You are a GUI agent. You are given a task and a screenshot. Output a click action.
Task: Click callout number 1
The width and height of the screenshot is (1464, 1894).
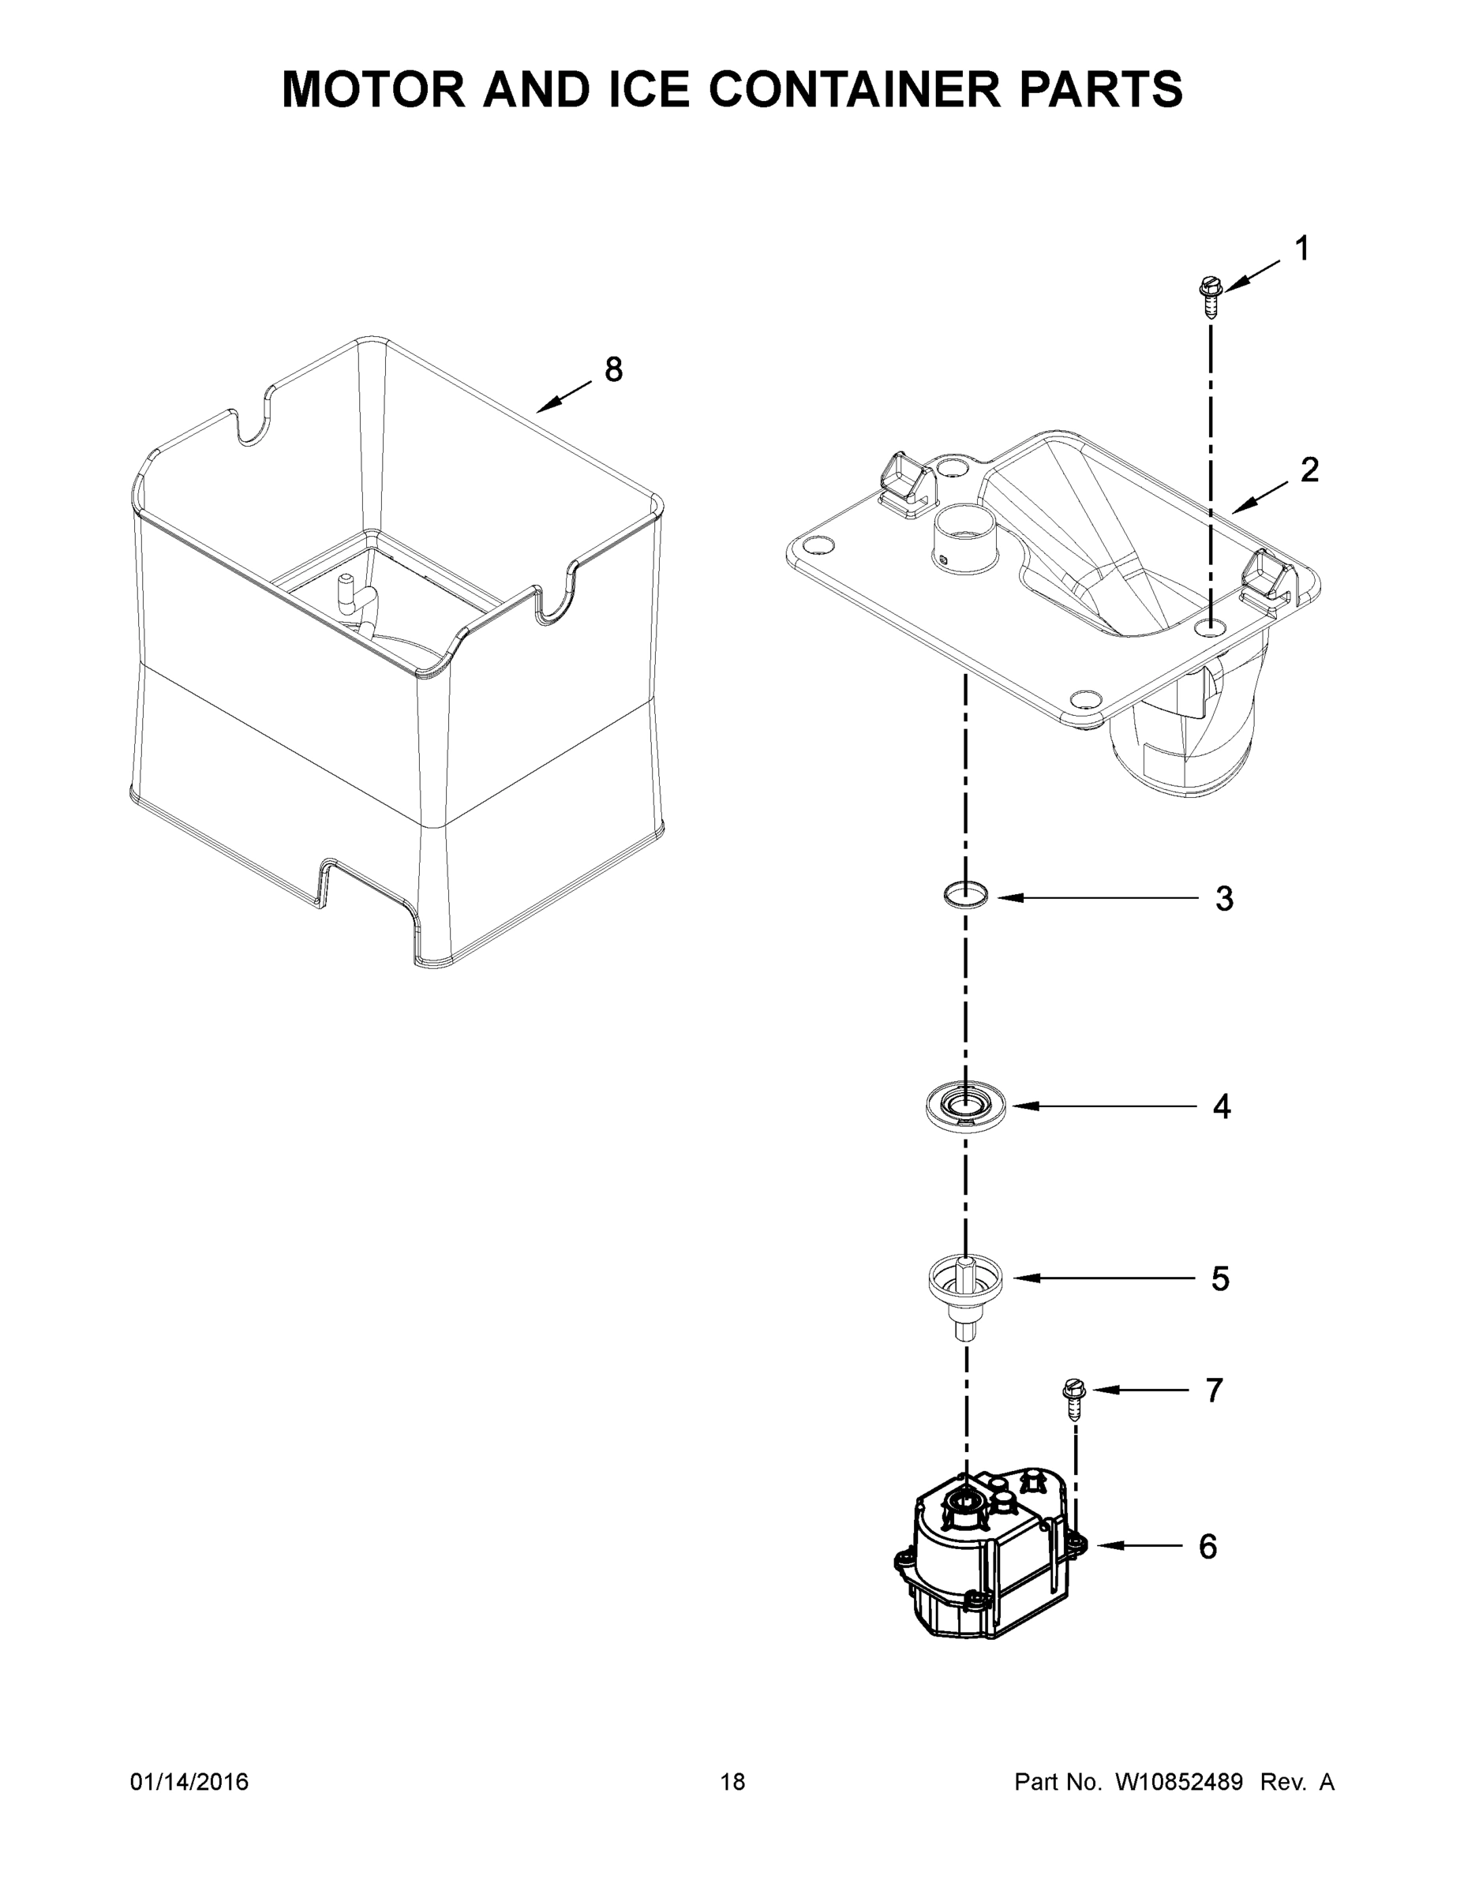tap(1301, 249)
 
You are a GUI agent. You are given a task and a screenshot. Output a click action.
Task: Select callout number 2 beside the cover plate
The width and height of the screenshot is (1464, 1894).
tap(1309, 470)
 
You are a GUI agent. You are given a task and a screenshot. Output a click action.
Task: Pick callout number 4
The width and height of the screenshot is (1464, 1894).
tap(1221, 1106)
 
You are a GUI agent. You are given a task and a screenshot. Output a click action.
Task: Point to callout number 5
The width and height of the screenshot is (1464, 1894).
tap(1220, 1279)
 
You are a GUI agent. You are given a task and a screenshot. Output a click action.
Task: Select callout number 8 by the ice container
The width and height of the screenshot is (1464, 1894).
tap(613, 370)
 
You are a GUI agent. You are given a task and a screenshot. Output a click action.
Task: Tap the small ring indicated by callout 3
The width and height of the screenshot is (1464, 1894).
tap(966, 895)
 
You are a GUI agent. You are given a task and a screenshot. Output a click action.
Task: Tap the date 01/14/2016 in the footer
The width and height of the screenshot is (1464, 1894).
tap(189, 1782)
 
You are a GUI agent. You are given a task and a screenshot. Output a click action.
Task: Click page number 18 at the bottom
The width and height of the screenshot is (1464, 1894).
tap(733, 1782)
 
